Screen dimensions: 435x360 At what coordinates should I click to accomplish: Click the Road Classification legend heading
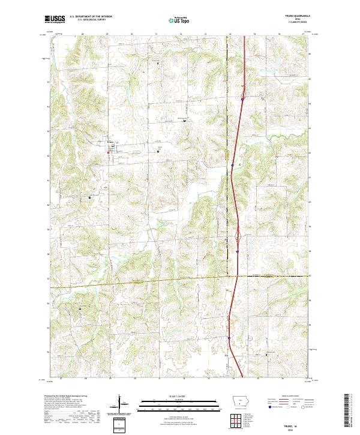point(286,397)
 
